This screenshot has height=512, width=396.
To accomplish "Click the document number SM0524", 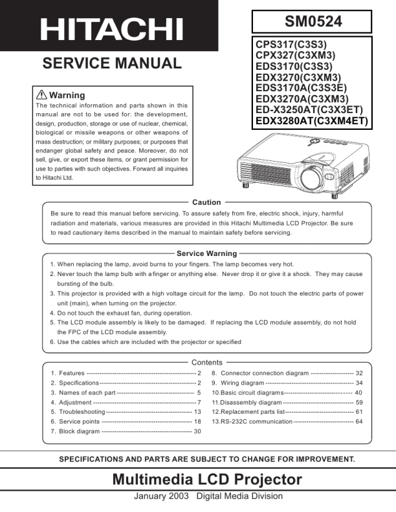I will tap(313, 21).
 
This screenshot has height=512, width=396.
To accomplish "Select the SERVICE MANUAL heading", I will tap(112, 63).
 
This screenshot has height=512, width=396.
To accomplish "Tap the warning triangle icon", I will tap(43, 95).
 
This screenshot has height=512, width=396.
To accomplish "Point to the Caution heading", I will tap(206, 202).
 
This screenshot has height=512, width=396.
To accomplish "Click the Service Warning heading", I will tap(206, 253).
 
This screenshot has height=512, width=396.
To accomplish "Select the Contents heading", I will tap(206, 363).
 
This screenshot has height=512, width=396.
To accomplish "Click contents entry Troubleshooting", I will tap(82, 412).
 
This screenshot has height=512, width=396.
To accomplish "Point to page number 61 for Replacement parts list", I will tap(359, 412).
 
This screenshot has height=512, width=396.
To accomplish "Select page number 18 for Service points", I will tap(197, 421).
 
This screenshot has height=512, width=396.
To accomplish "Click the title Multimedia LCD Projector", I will tap(207, 480).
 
